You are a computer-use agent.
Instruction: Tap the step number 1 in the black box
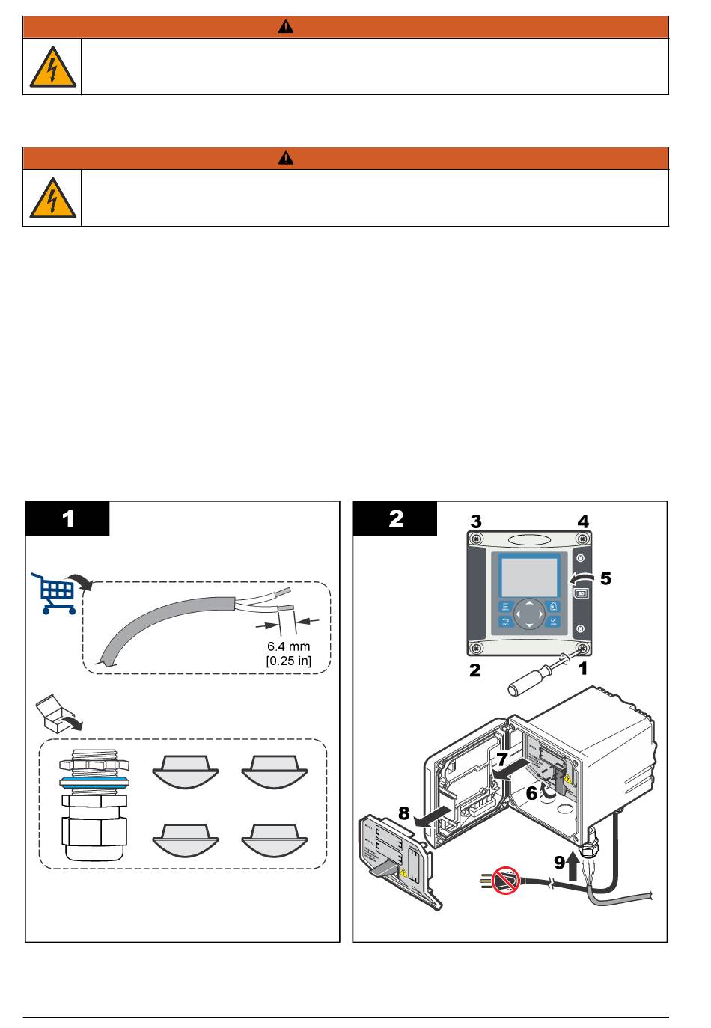pos(68,518)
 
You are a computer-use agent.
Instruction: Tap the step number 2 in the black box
pos(396,518)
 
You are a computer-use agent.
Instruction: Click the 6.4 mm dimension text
pos(288,646)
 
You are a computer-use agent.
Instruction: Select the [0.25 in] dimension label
pos(288,661)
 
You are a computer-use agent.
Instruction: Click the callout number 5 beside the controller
pos(605,578)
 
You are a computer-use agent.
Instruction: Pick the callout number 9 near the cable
pos(561,862)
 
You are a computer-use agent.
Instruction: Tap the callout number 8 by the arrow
pos(403,813)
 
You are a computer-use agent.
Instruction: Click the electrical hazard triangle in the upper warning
pos(52,67)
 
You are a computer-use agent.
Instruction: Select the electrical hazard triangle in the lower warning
pos(52,199)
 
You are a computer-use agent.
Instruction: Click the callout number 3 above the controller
pos(475,521)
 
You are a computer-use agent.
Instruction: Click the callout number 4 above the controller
pos(582,521)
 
